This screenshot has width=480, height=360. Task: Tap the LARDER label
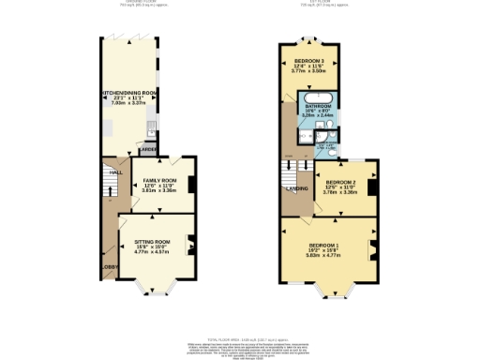(147, 149)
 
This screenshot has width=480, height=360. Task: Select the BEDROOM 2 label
(341, 182)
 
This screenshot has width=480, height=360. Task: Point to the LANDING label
(296, 188)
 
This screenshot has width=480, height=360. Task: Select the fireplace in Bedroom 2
(372, 186)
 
